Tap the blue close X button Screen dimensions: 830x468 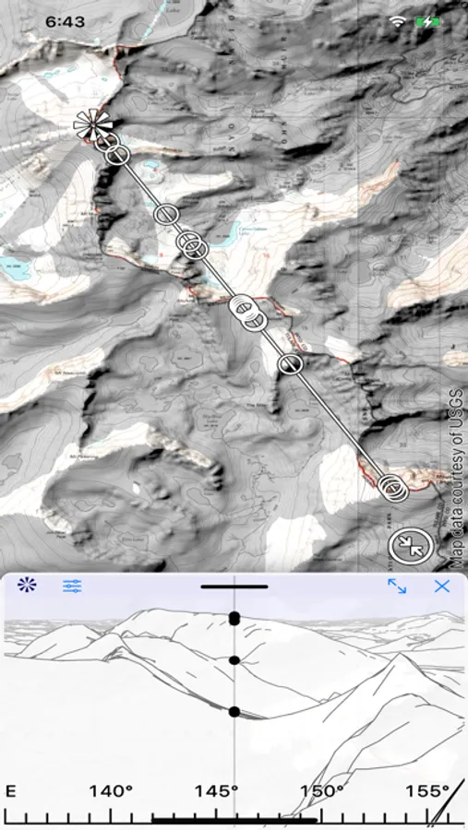pos(442,586)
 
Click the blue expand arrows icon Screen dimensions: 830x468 pos(397,586)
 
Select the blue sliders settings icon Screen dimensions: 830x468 pos(72,586)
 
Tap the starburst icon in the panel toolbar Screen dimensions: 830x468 pos(26,585)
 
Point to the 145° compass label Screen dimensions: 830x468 pos(217,790)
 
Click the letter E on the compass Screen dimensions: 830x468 pos(11,790)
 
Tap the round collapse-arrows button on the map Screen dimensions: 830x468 pos(409,545)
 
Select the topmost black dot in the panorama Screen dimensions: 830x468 pos(234,618)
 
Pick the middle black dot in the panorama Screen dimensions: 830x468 pos(234,660)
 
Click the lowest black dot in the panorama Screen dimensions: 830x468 pos(234,711)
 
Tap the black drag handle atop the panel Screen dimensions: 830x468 pos(234,586)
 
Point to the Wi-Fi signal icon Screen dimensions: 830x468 pos(398,20)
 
